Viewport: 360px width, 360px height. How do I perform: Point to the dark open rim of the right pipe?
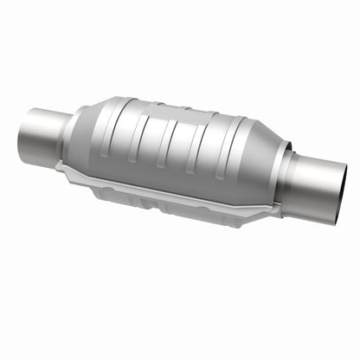click(x=341, y=192)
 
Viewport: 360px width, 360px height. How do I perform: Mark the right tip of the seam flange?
click(x=277, y=209)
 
